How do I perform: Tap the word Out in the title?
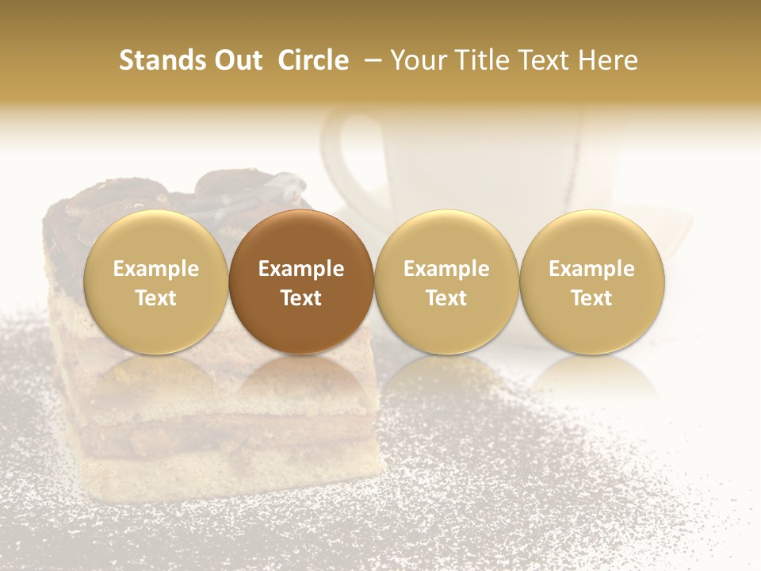(235, 60)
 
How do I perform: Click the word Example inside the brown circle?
(301, 269)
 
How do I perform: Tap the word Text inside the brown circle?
(301, 298)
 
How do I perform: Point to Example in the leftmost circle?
(155, 269)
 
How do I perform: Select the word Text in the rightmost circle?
(591, 298)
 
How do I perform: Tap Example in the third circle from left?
(446, 269)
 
